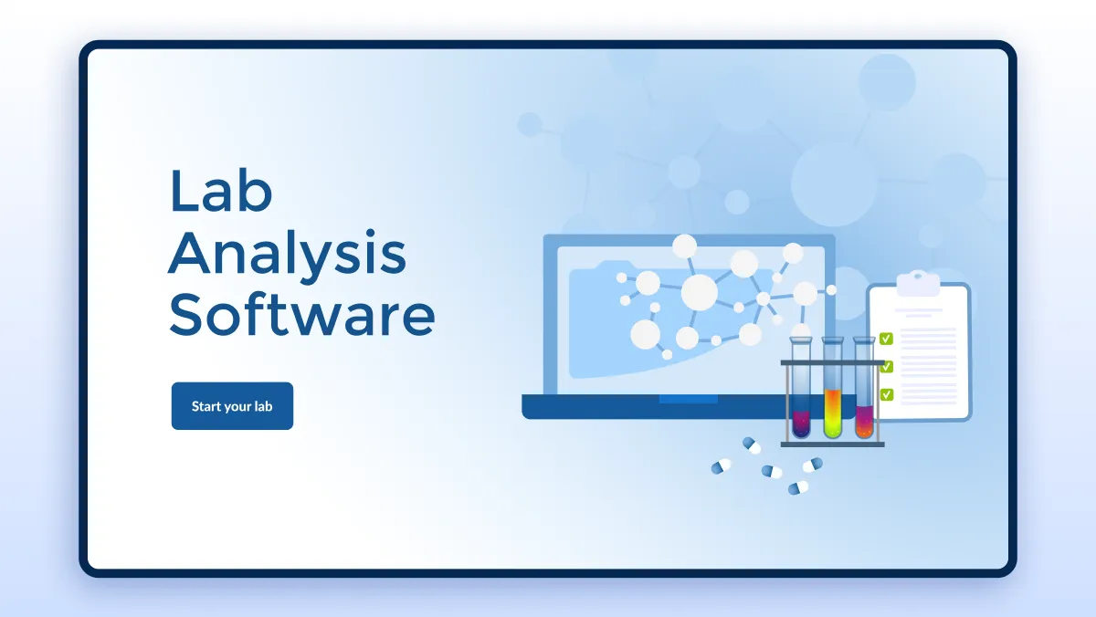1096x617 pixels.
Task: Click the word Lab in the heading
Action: (x=221, y=191)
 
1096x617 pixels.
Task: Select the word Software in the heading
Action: (x=302, y=314)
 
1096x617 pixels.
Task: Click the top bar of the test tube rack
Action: (x=832, y=362)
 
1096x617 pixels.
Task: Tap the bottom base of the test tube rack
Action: (x=832, y=444)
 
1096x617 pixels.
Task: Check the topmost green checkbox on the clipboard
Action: (x=886, y=339)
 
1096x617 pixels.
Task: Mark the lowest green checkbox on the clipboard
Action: (x=886, y=394)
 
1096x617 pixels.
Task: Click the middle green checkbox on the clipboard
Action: (x=887, y=367)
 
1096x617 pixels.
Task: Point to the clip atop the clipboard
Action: (x=919, y=284)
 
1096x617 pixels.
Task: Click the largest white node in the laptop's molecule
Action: (x=700, y=292)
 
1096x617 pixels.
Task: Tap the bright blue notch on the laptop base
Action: (x=689, y=400)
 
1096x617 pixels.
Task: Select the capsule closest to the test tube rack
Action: (x=752, y=445)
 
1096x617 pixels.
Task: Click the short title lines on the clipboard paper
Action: (x=919, y=313)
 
